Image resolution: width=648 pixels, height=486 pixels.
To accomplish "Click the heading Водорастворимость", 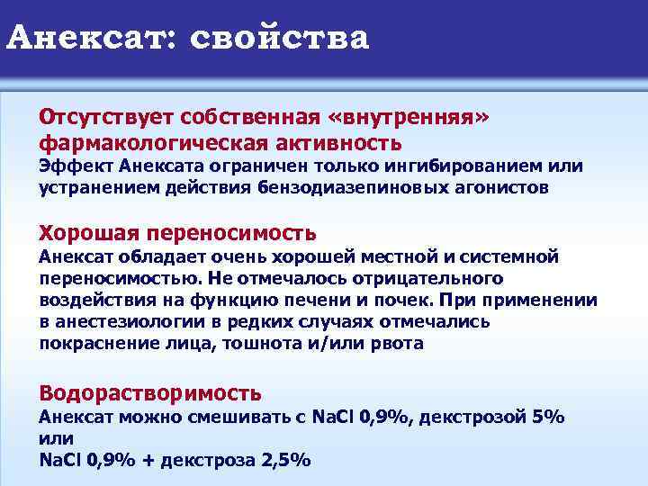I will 150,392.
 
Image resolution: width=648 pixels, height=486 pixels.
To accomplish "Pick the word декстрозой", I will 469,417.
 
